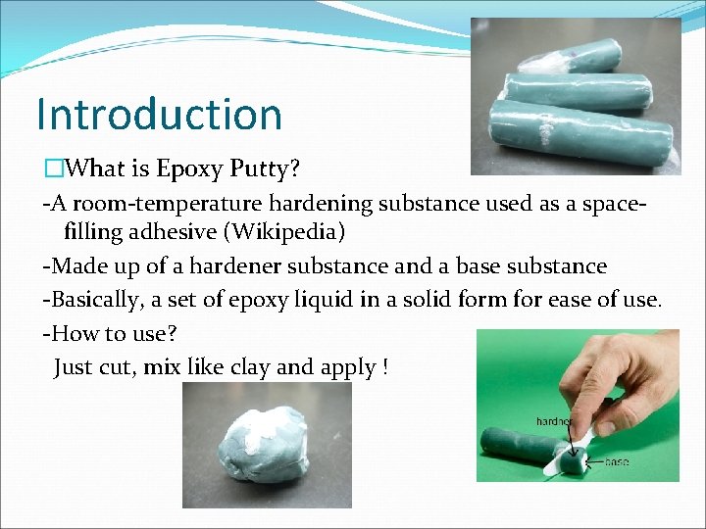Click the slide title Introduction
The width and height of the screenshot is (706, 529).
tap(159, 114)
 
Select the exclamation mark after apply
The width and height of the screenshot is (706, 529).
tap(385, 367)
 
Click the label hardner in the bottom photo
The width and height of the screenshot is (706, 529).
tap(553, 421)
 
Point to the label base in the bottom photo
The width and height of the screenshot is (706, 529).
tap(617, 461)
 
